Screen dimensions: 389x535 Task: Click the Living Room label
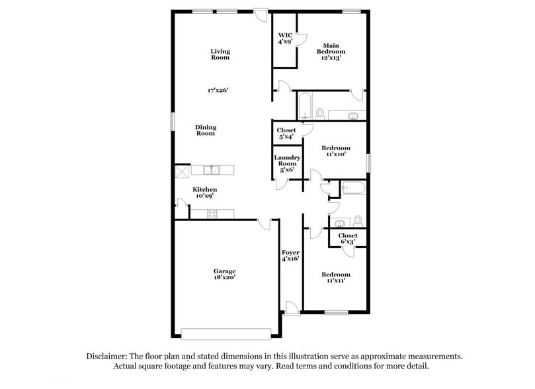[220, 54]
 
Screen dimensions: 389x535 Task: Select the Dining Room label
[206, 130]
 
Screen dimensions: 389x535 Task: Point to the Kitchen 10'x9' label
[204, 193]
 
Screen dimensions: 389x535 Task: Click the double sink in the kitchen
[212, 171]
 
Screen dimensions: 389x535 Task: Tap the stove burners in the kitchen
[213, 214]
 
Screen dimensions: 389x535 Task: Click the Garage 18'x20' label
[224, 275]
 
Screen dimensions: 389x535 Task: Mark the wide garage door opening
[226, 333]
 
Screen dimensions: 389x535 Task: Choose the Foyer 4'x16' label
[290, 256]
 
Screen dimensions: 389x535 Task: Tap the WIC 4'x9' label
[285, 38]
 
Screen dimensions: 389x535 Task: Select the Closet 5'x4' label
[286, 134]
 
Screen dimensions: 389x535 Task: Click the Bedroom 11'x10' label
[336, 151]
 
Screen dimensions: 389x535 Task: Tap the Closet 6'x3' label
[348, 239]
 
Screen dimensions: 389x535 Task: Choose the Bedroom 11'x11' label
[336, 277]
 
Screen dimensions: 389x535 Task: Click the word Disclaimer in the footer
[111, 356]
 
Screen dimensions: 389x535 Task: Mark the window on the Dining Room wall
[173, 122]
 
